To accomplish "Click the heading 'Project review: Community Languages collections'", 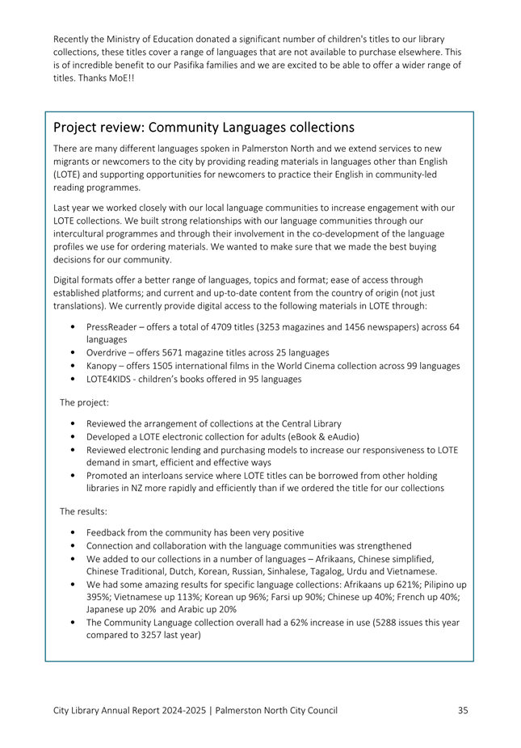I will (x=204, y=128).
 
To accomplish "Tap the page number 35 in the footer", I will (x=463, y=710).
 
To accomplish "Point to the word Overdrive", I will (x=107, y=352).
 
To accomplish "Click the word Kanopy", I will (x=103, y=365).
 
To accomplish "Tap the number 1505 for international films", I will (x=168, y=365).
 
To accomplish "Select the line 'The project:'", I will (x=85, y=401).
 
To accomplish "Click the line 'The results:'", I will (x=84, y=511).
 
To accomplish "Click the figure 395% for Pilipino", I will (x=99, y=597).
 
